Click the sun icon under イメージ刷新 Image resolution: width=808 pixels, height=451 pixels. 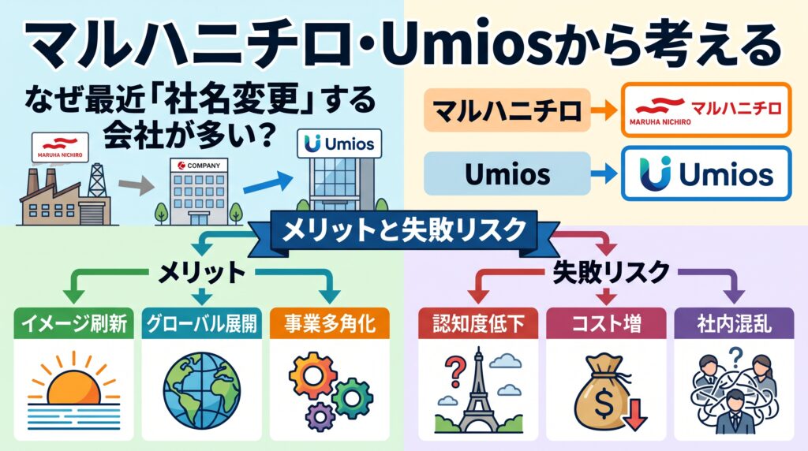(x=73, y=389)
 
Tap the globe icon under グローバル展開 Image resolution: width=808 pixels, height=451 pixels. (x=201, y=391)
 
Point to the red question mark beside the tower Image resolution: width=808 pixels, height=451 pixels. (x=454, y=371)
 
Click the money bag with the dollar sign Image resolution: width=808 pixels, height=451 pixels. (x=602, y=392)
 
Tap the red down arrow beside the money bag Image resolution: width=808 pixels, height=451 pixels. (x=635, y=414)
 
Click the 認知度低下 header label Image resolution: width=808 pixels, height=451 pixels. (x=478, y=323)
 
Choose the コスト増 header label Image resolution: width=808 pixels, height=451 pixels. (x=606, y=323)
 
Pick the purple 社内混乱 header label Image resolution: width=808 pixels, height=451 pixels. (x=734, y=323)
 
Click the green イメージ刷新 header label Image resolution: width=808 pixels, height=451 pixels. (x=73, y=323)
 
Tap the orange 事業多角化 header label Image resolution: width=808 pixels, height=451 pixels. (x=329, y=323)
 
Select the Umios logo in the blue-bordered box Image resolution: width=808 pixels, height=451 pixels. (x=706, y=173)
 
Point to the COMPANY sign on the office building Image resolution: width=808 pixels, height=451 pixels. (x=199, y=166)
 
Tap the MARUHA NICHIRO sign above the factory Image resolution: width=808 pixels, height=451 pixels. (x=60, y=147)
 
